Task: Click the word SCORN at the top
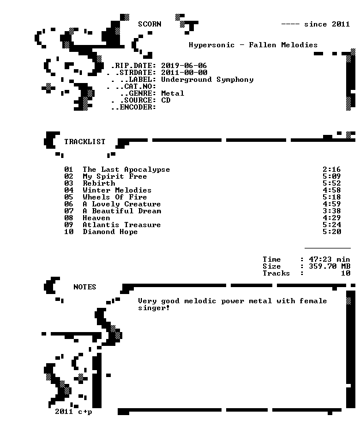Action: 149,24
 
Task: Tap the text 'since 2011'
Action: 327,24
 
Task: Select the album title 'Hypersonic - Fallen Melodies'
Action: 253,45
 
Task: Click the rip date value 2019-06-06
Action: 184,66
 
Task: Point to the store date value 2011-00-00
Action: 184,73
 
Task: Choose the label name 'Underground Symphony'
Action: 207,80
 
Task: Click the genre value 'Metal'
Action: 172,93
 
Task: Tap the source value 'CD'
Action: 166,100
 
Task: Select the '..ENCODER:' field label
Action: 133,107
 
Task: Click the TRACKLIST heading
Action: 85,142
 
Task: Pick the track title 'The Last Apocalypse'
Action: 126,169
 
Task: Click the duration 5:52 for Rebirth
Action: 332,183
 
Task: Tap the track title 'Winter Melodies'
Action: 117,190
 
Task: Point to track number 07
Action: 69,211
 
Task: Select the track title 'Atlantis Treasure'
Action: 122,225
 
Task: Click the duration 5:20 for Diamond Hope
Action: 332,232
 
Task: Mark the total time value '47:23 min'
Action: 329,259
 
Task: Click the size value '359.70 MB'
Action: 329,266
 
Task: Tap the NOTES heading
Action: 85,287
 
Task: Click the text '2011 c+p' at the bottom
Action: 73,412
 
